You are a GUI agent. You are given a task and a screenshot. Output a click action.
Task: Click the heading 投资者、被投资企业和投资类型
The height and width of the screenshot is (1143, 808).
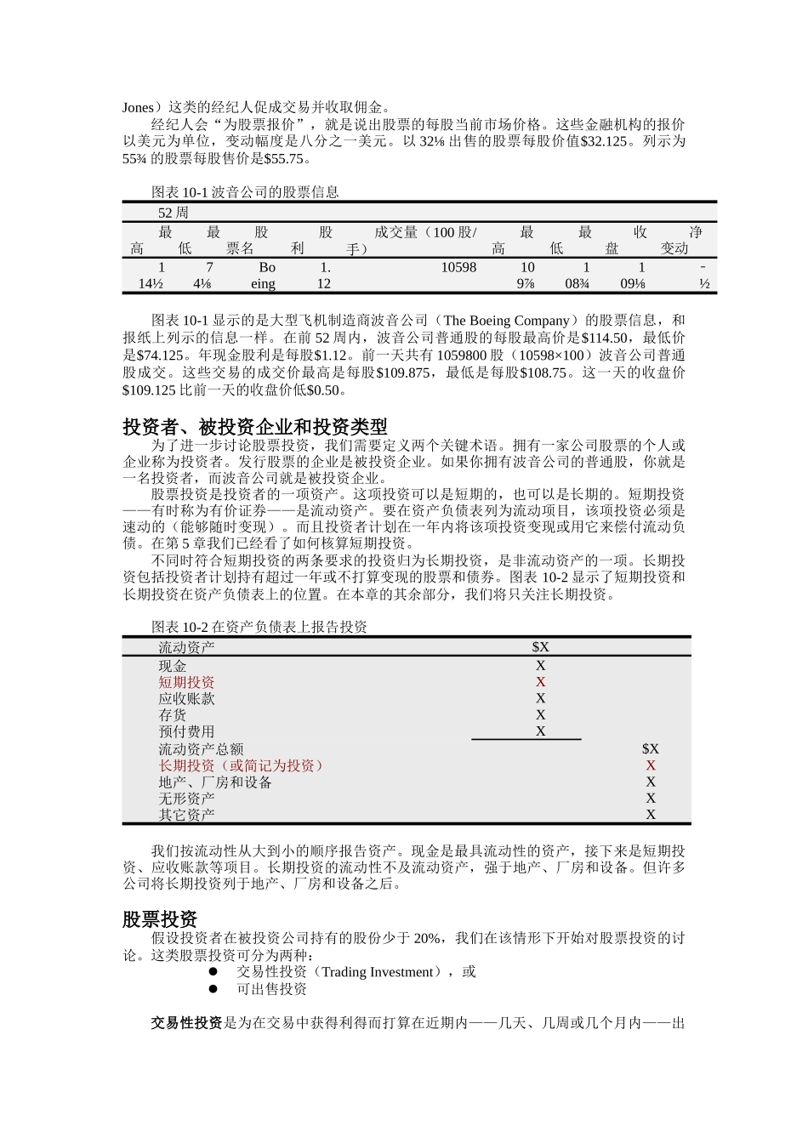pos(255,427)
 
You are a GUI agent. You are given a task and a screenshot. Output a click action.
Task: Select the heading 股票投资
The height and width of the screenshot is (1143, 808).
pos(160,919)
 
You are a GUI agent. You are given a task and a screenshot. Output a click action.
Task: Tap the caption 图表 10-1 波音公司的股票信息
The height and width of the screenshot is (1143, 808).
pos(245,192)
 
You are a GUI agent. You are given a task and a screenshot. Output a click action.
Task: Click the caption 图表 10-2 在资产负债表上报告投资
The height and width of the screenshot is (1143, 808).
pos(259,627)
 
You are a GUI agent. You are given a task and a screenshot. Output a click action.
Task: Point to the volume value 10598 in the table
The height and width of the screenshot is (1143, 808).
pos(458,267)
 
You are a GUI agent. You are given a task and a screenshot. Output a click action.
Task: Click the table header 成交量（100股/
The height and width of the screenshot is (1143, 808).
pos(425,232)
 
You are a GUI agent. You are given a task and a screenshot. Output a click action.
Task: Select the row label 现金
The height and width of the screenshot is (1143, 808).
pos(173,666)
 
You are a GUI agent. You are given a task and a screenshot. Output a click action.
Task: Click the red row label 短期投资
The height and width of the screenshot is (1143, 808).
pos(186,682)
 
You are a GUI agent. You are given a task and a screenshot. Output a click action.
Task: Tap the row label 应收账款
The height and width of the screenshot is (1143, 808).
pos(186,698)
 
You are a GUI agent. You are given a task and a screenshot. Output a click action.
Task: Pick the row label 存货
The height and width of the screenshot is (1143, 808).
pos(173,715)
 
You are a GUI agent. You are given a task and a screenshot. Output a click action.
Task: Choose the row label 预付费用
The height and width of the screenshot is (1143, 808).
pos(186,731)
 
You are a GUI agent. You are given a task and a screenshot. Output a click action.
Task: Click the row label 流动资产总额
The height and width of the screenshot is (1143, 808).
pos(201,749)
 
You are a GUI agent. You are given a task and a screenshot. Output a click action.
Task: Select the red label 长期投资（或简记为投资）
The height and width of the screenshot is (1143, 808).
pos(242,765)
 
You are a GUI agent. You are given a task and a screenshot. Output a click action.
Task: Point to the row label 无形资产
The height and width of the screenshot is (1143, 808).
pos(186,798)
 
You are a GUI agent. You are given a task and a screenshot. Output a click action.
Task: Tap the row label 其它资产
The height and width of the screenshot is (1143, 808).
pos(186,815)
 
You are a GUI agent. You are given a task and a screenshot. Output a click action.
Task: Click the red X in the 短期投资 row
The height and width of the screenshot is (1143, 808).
pos(540,682)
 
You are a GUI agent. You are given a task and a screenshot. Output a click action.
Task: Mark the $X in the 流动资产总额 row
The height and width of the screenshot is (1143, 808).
pos(650,749)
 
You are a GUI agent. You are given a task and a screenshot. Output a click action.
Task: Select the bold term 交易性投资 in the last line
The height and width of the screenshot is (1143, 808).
pos(186,1023)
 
